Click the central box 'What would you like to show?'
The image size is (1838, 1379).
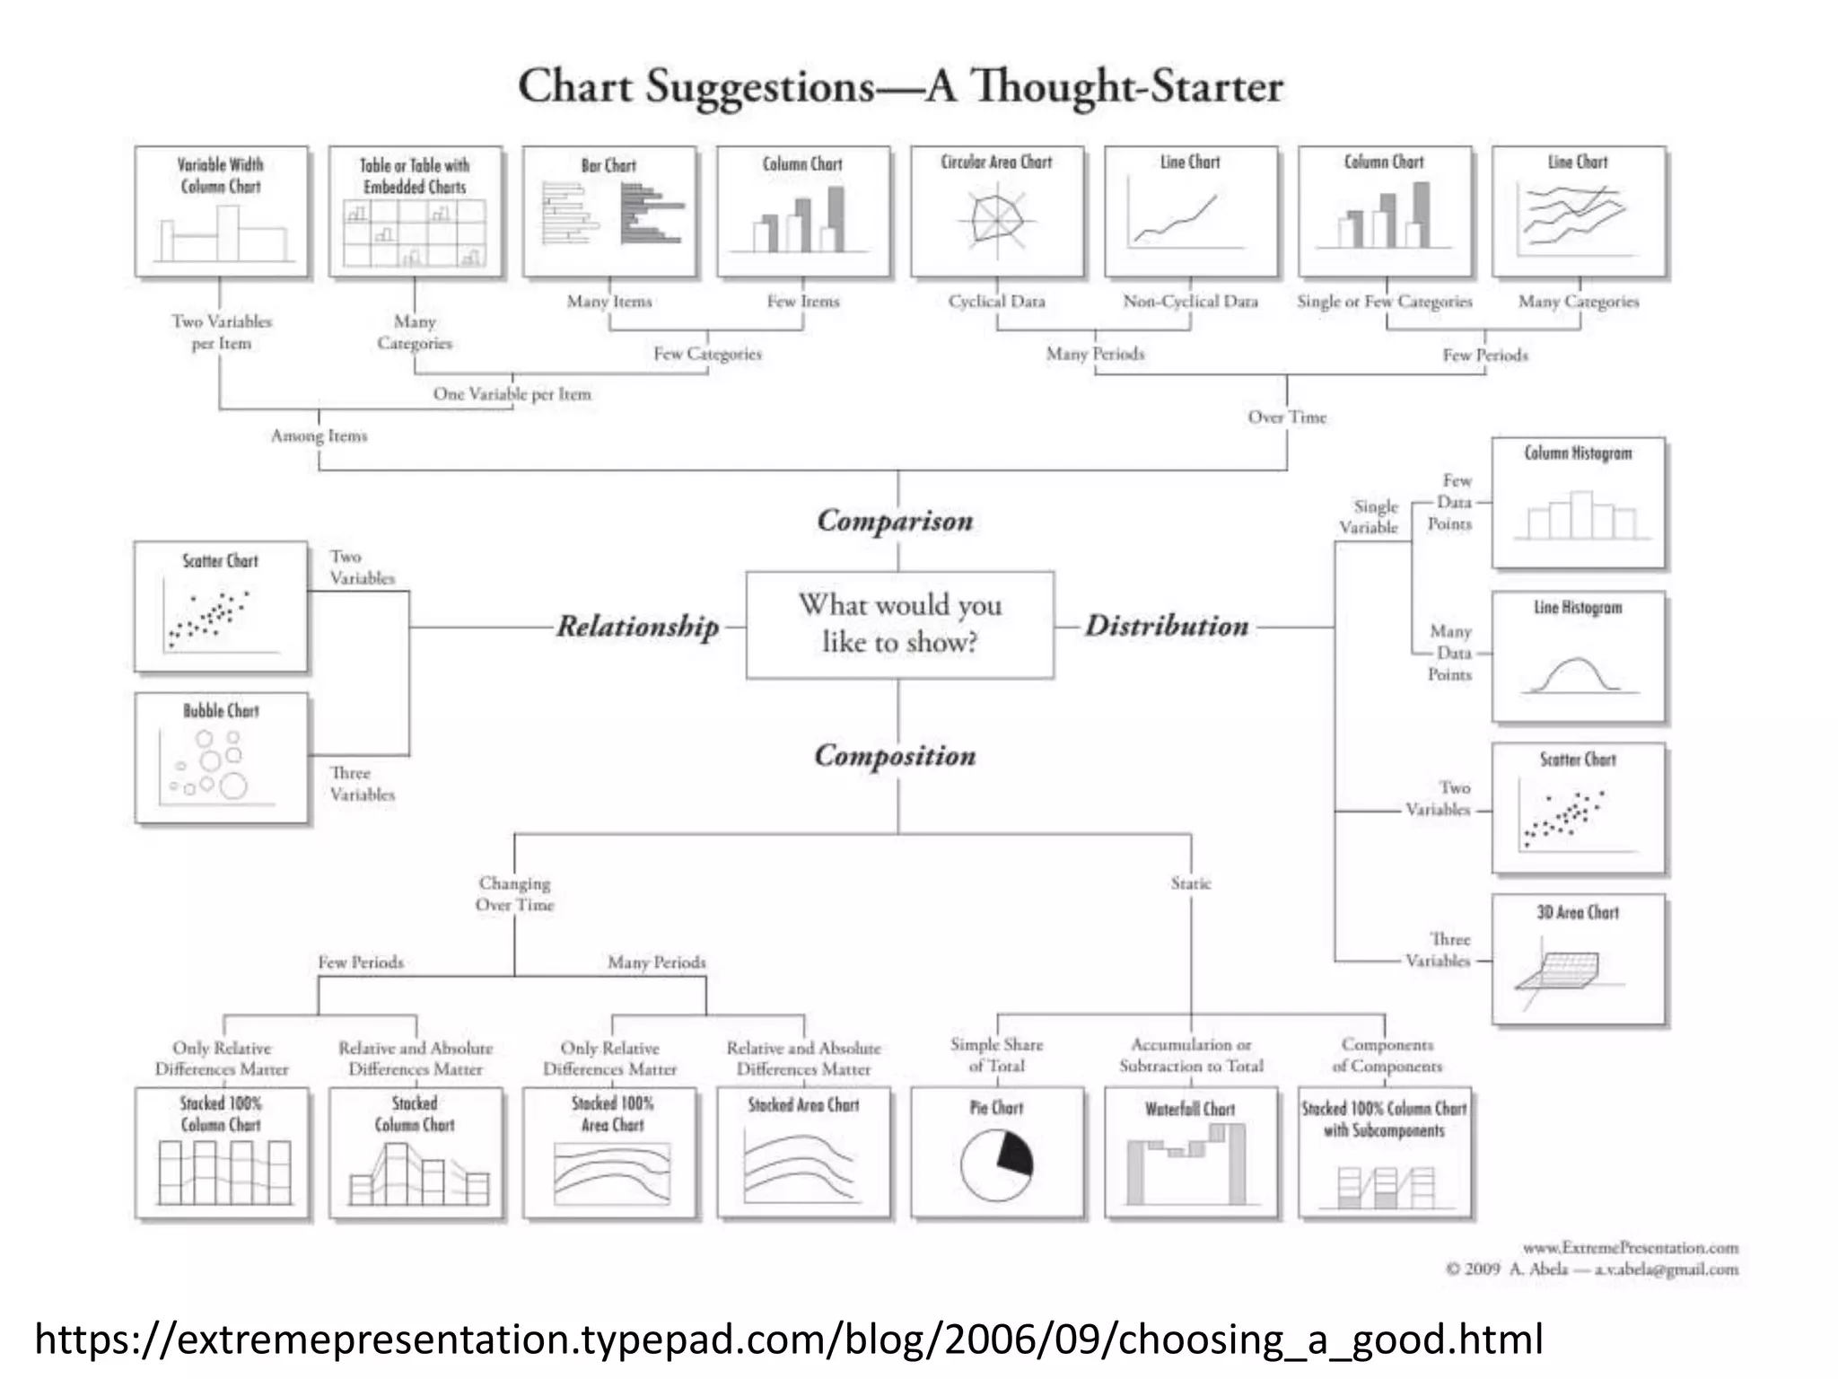tap(899, 624)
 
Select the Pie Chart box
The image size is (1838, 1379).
tap(996, 1153)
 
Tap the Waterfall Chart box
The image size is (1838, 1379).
tap(1190, 1153)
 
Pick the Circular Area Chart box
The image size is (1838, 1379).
tap(996, 212)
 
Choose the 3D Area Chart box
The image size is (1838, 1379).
tap(1578, 959)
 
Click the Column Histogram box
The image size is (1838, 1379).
tap(1578, 503)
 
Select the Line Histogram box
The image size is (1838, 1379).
tap(1578, 656)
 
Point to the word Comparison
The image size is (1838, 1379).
tap(895, 521)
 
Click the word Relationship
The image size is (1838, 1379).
tap(637, 626)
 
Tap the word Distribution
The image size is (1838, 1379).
tap(1167, 626)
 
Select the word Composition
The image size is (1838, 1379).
tap(895, 756)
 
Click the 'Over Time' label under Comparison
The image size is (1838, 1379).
tap(1286, 417)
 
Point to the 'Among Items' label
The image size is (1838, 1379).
tap(319, 436)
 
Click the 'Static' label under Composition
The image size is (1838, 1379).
tap(1190, 883)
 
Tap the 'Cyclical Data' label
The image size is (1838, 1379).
tap(996, 302)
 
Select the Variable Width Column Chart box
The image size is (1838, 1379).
tap(221, 212)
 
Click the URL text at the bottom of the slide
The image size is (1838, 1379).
tap(788, 1339)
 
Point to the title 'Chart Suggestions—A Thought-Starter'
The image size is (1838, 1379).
tap(900, 87)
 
